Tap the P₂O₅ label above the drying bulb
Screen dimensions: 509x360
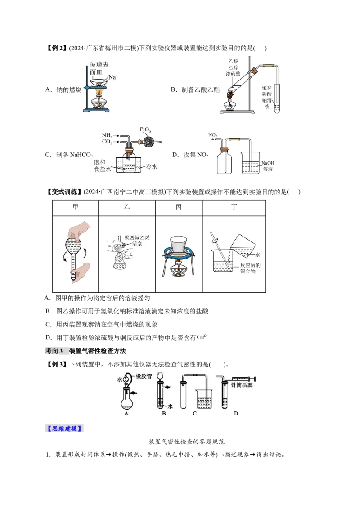[x=146, y=130]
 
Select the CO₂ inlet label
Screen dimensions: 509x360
[x=107, y=142]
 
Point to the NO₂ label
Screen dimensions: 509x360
[x=213, y=134]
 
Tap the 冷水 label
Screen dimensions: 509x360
[x=152, y=166]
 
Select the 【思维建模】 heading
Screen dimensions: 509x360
[x=64, y=429]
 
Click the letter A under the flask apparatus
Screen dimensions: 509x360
[x=126, y=413]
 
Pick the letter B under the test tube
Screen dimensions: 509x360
[x=164, y=413]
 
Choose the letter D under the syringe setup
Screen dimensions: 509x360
[x=236, y=413]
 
